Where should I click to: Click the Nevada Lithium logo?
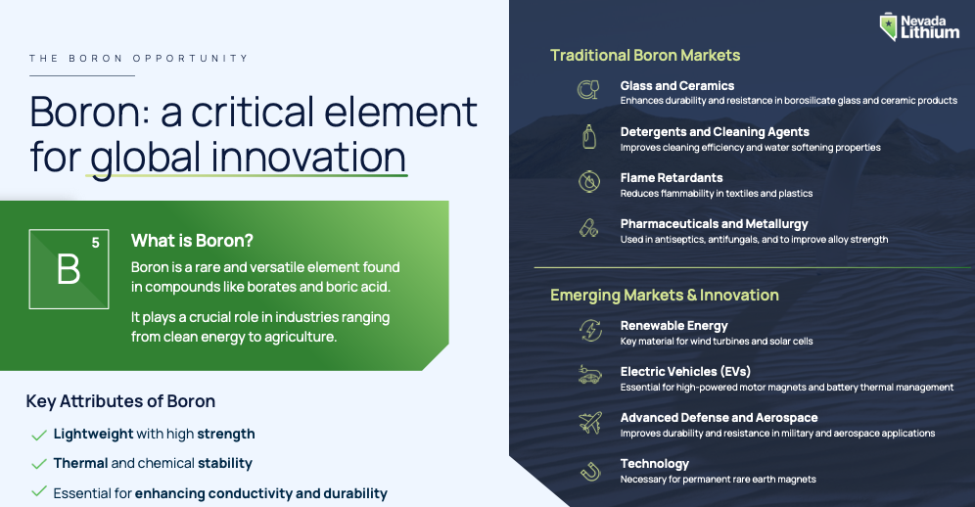pyautogui.click(x=919, y=26)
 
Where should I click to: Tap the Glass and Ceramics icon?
pyautogui.click(x=587, y=90)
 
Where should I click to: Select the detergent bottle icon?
pyautogui.click(x=589, y=136)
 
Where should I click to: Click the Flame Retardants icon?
pyautogui.click(x=589, y=182)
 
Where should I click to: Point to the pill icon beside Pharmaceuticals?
pyautogui.click(x=588, y=228)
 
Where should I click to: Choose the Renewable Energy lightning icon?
pyautogui.click(x=590, y=330)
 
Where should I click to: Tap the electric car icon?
pyautogui.click(x=589, y=375)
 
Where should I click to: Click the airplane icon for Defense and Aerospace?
pyautogui.click(x=589, y=423)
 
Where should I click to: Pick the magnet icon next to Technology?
pyautogui.click(x=590, y=471)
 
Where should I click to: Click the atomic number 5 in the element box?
pyautogui.click(x=95, y=243)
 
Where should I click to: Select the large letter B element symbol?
pyautogui.click(x=69, y=269)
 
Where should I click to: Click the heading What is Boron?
pyautogui.click(x=192, y=241)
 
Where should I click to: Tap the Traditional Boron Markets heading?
pyautogui.click(x=645, y=56)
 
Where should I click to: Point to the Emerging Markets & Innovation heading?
pyautogui.click(x=664, y=295)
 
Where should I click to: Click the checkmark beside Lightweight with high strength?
pyautogui.click(x=38, y=435)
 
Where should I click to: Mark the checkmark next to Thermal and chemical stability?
pyautogui.click(x=38, y=464)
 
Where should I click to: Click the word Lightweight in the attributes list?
pyautogui.click(x=93, y=435)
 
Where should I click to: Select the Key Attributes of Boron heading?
pyautogui.click(x=120, y=401)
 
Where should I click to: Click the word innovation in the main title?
pyautogui.click(x=308, y=157)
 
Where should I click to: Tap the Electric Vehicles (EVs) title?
pyautogui.click(x=685, y=371)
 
